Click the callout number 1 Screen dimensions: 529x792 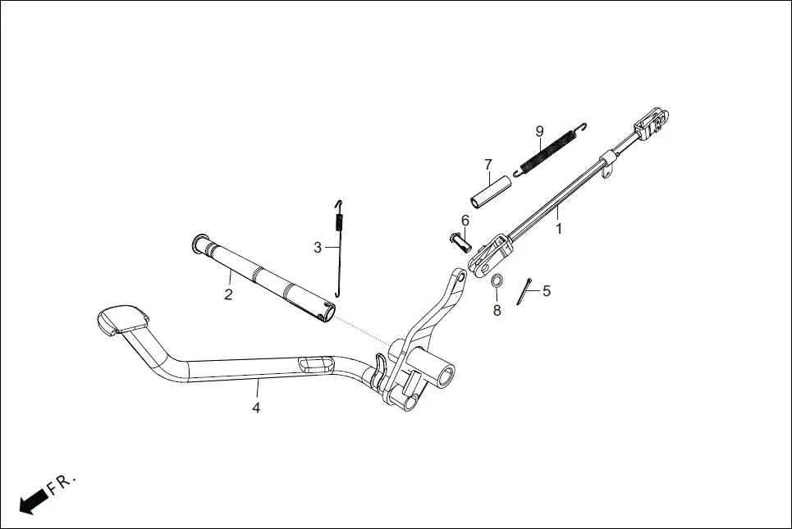pyautogui.click(x=560, y=230)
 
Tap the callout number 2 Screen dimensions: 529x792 pyautogui.click(x=228, y=294)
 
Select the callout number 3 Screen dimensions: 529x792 pyautogui.click(x=318, y=247)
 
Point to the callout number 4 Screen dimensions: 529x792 pyautogui.click(x=256, y=408)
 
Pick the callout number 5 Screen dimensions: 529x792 pyautogui.click(x=547, y=290)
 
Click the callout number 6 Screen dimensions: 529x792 pyautogui.click(x=465, y=220)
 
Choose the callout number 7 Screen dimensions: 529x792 pyautogui.click(x=488, y=164)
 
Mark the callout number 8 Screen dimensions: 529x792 pyautogui.click(x=496, y=310)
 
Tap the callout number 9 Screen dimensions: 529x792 pyautogui.click(x=539, y=131)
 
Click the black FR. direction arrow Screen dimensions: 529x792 pyautogui.click(x=32, y=499)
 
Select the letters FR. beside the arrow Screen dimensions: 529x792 pyautogui.click(x=62, y=482)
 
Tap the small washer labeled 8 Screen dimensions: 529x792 pyautogui.click(x=497, y=281)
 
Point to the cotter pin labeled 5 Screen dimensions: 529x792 pyautogui.click(x=524, y=291)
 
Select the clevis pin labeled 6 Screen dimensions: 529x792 pyautogui.click(x=458, y=241)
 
